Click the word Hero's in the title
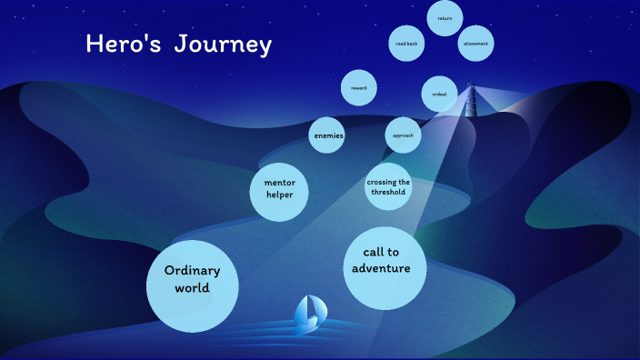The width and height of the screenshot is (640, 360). tap(118, 44)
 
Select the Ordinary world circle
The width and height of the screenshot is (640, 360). tap(192, 285)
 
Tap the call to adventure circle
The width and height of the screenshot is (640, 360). tap(386, 268)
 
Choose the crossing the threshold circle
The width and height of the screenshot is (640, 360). tap(388, 186)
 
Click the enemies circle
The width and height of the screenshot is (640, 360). tap(328, 135)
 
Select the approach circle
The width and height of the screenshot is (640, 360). tap(403, 135)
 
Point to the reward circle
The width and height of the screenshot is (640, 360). tap(358, 87)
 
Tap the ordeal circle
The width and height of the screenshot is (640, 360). tap(439, 93)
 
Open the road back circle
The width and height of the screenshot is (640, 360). tap(406, 43)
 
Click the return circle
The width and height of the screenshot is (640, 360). tap(445, 18)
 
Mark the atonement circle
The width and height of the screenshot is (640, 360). tap(475, 43)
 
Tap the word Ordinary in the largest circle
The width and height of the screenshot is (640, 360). tap(192, 270)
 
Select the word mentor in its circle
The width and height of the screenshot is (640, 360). tap(279, 181)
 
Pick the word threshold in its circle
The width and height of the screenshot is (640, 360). tap(388, 193)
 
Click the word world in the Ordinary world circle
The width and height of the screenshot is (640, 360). tap(192, 287)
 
